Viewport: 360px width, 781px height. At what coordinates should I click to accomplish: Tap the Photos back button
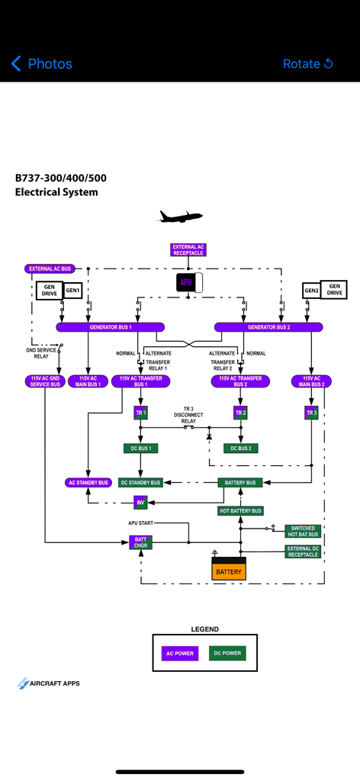tap(42, 64)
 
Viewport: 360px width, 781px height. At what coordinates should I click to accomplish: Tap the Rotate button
tap(308, 64)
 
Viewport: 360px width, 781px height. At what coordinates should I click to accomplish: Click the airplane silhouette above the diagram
tap(180, 217)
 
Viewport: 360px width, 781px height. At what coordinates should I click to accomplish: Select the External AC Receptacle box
tap(188, 249)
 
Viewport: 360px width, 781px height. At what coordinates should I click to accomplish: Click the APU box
tap(187, 283)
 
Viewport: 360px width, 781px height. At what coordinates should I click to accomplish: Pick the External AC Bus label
tap(50, 268)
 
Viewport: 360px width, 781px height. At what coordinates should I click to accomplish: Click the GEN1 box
tap(72, 291)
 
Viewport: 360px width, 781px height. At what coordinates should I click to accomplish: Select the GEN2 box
tap(311, 291)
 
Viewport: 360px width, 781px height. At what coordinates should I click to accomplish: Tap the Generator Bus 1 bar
tap(111, 327)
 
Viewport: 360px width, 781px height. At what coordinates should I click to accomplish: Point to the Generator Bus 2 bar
tap(268, 327)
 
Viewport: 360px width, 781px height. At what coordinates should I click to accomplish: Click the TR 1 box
tap(140, 413)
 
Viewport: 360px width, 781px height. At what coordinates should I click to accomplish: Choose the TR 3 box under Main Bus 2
tap(311, 413)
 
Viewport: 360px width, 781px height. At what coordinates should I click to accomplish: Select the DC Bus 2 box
tap(240, 448)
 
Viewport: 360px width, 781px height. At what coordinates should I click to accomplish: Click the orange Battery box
tap(229, 570)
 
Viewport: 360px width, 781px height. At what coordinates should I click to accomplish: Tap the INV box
tap(140, 503)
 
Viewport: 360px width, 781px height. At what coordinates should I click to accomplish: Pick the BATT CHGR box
tap(140, 542)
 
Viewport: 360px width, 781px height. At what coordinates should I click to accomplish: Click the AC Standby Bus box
tap(89, 483)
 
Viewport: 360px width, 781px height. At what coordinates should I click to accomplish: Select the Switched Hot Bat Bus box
tap(303, 531)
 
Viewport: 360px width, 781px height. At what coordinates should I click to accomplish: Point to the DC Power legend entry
tap(227, 653)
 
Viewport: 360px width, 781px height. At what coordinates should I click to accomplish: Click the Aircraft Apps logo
tap(49, 683)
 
